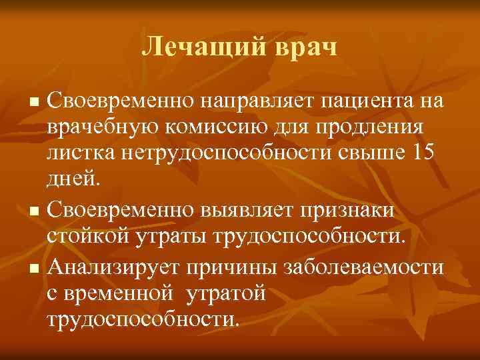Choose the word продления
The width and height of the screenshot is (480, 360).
point(377,126)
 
